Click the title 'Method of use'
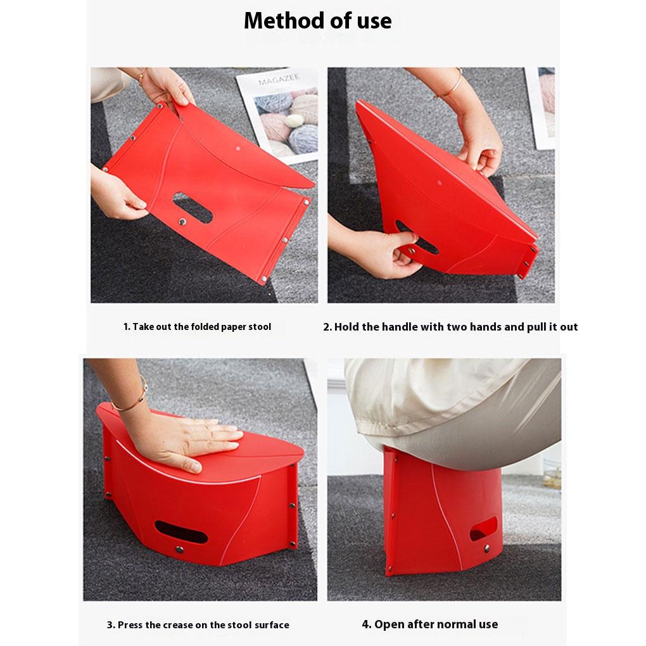(x=317, y=21)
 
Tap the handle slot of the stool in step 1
(x=193, y=208)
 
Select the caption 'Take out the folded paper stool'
(x=197, y=327)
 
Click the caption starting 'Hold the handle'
(x=450, y=327)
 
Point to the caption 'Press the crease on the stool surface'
(x=198, y=624)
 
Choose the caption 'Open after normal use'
(x=429, y=624)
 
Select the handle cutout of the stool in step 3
(x=180, y=531)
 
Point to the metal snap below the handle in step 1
(x=183, y=222)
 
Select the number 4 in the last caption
(x=365, y=624)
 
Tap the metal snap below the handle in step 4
(x=486, y=548)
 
